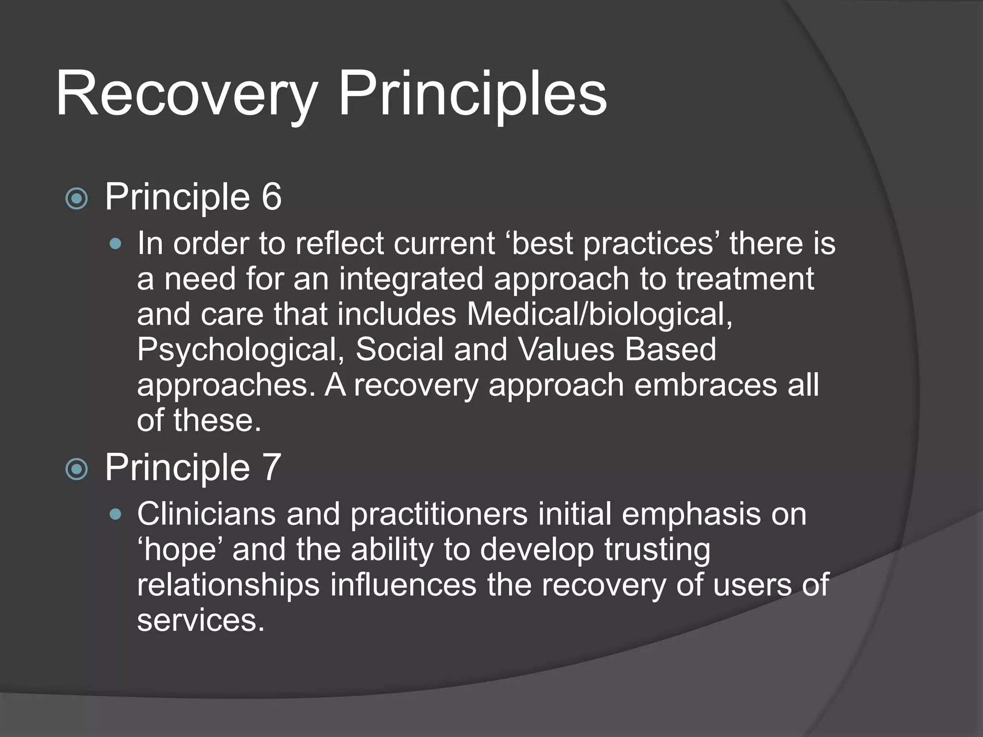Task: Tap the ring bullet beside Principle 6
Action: (x=76, y=199)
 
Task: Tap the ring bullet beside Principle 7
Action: (x=76, y=469)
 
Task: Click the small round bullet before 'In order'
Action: (x=115, y=244)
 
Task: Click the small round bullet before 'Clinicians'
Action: (x=115, y=515)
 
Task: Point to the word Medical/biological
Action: (x=599, y=314)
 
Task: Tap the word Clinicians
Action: (x=206, y=514)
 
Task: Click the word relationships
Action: (x=228, y=585)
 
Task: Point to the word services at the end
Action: (x=200, y=620)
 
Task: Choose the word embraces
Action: (x=705, y=385)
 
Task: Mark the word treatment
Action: (x=745, y=279)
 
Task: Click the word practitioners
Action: (x=439, y=514)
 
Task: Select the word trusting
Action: (x=657, y=550)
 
